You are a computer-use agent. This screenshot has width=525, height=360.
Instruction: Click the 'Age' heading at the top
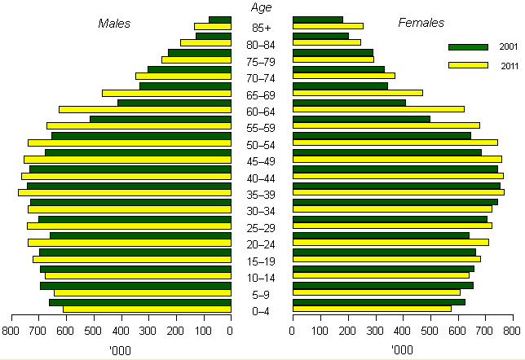[x=261, y=7]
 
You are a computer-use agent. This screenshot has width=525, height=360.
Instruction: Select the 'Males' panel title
[x=114, y=23]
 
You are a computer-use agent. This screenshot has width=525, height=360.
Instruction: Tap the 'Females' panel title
[x=421, y=23]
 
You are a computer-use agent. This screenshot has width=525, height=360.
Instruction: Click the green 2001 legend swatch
[x=468, y=47]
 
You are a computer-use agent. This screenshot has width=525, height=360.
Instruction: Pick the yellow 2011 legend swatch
[x=468, y=65]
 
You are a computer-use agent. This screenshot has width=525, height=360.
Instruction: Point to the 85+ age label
[x=261, y=28]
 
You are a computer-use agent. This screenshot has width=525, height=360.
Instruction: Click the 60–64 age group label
[x=261, y=112]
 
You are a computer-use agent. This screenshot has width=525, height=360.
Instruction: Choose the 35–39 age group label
[x=261, y=195]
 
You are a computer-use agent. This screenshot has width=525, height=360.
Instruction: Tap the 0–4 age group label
[x=261, y=311]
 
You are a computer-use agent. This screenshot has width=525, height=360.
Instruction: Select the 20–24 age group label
[x=261, y=245]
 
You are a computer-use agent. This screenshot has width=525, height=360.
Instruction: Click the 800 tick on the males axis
[x=11, y=331]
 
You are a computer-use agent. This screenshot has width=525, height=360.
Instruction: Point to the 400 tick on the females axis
[x=402, y=331]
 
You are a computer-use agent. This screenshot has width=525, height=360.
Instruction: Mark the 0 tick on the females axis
[x=293, y=331]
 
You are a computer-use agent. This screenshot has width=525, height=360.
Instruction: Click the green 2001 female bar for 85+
[x=318, y=20]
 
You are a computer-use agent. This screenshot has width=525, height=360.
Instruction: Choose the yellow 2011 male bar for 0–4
[x=147, y=309]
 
